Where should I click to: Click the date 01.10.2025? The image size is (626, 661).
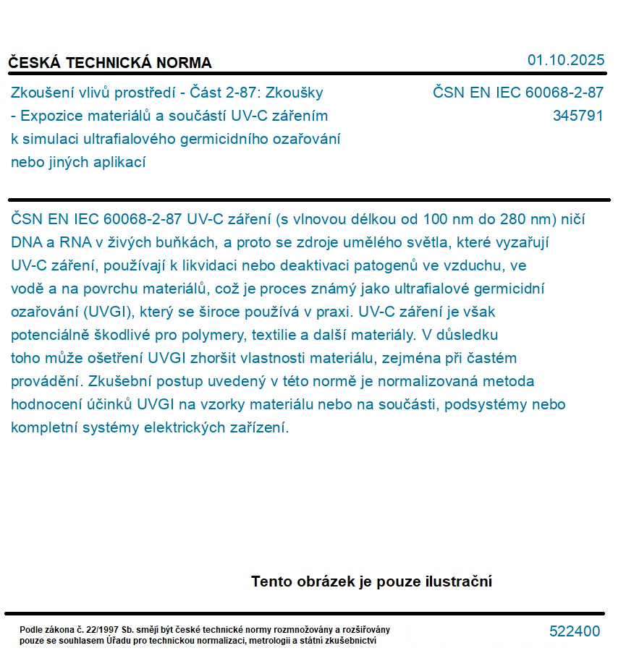pos(565,60)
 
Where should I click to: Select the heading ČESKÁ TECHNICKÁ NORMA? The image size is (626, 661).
pos(110,63)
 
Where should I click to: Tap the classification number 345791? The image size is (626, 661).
pos(578,116)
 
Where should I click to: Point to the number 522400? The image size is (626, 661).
pos(575,631)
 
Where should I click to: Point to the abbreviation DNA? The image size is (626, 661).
pos(26,242)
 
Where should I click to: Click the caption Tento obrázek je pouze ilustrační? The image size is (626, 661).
pos(371,581)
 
